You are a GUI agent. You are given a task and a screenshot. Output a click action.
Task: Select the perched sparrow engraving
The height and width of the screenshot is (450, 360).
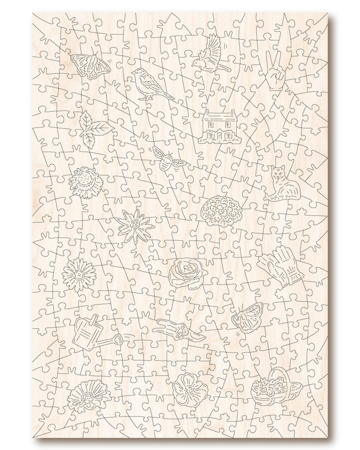point(148,84)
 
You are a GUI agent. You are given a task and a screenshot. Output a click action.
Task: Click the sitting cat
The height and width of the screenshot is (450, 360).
point(280,184)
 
